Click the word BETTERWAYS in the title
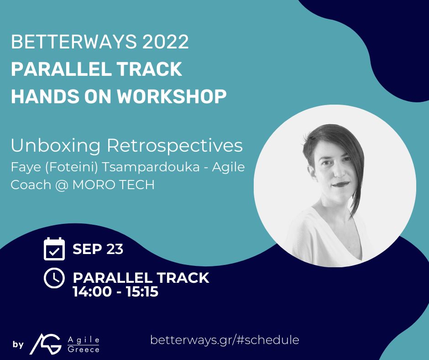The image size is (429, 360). pos(67,42)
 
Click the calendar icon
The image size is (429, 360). pos(54,249)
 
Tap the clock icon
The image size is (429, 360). pos(54,278)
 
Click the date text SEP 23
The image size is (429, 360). pos(98,249)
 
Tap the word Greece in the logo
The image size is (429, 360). pos(83,349)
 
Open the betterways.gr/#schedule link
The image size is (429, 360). pos(225,340)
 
